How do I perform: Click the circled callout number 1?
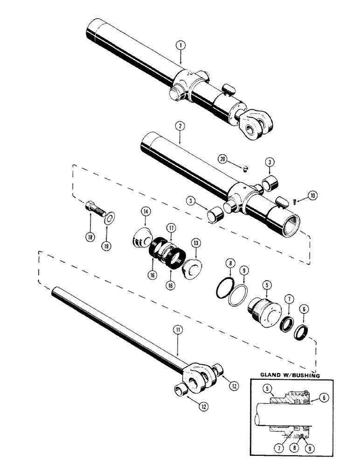[180, 46]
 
